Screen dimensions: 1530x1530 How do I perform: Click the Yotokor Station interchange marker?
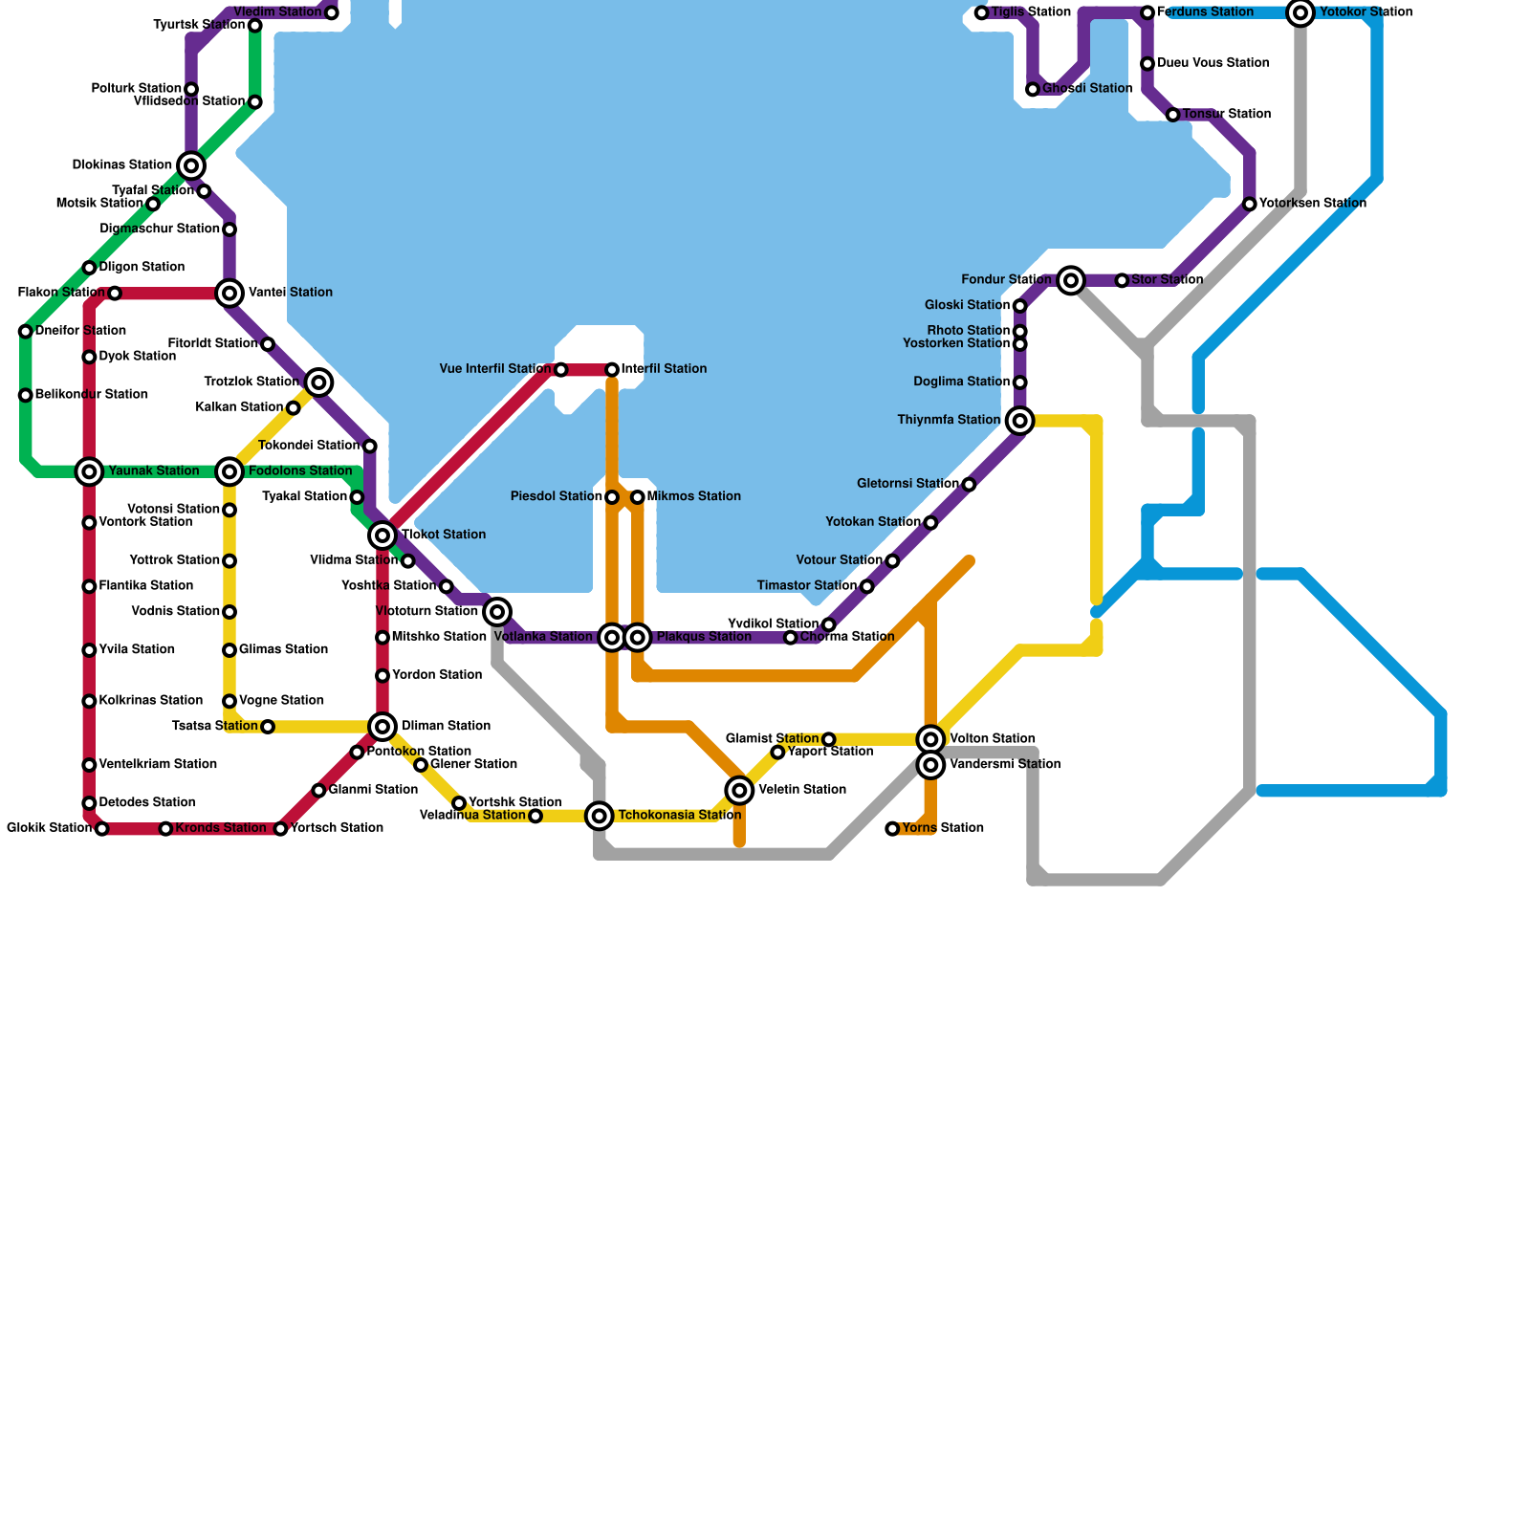1300,13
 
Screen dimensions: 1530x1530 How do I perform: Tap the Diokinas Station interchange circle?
191,165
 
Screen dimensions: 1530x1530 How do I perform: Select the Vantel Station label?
291,293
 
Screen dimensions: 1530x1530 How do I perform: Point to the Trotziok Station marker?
319,382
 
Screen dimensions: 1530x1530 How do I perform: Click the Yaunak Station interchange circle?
89,471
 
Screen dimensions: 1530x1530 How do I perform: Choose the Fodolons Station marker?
229,471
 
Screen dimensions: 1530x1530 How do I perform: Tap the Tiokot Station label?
444,535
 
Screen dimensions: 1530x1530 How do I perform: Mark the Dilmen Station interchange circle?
382,727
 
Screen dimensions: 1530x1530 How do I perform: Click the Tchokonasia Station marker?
600,816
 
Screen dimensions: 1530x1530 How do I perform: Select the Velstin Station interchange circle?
739,790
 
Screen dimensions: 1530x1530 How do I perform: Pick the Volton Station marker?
930,739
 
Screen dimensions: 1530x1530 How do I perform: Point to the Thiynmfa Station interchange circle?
1020,421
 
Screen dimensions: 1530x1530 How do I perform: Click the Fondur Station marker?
1071,280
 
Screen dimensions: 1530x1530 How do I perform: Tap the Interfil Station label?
664,369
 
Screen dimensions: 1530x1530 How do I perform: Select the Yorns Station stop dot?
892,829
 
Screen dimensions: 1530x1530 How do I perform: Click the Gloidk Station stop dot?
102,829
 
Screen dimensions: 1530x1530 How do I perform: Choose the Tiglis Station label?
1031,12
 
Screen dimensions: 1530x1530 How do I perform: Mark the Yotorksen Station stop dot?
1250,204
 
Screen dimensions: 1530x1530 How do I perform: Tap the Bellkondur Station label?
92,395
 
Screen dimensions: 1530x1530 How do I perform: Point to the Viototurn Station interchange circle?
497,612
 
